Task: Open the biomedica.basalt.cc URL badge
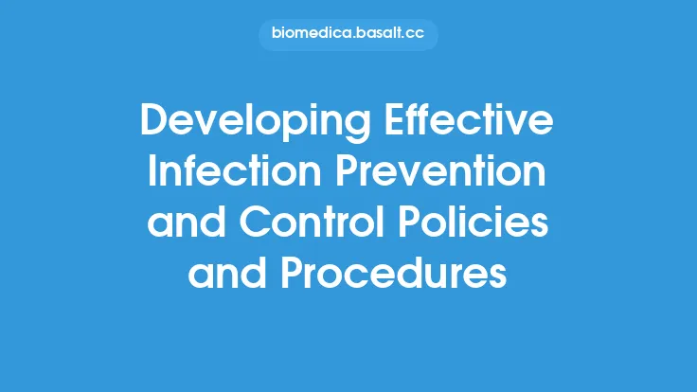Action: coord(348,35)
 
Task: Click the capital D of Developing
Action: coord(153,124)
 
